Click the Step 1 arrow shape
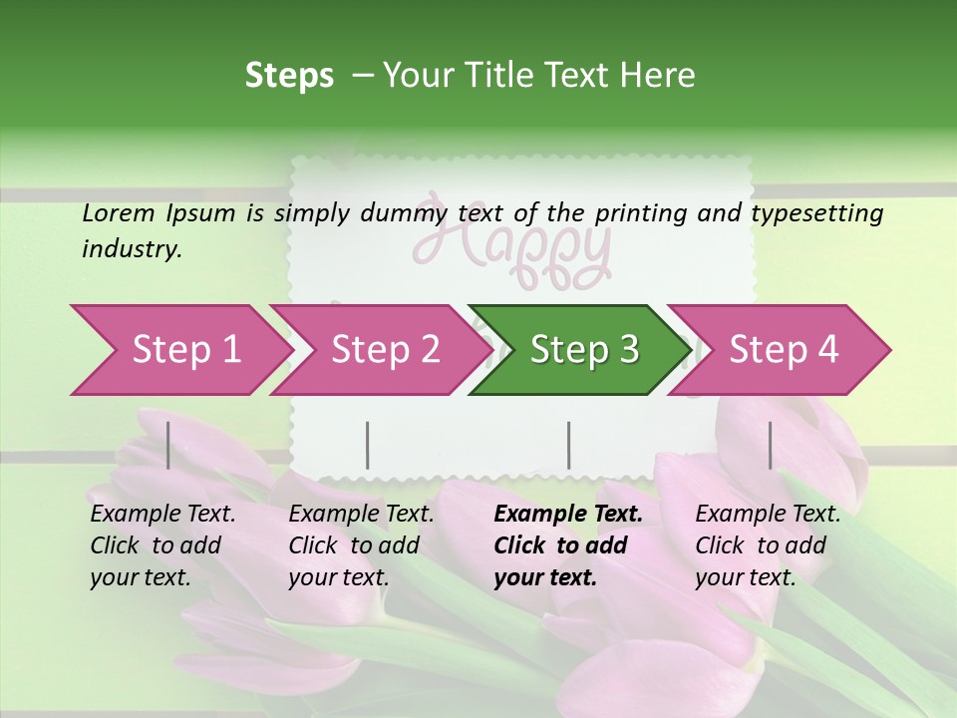tap(179, 350)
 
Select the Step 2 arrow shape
tap(379, 350)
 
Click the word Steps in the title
tap(289, 76)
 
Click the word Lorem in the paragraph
tap(118, 212)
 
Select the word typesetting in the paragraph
tap(816, 213)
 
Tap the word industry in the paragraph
tap(132, 249)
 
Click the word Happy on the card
tap(510, 249)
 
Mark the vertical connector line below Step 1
tap(168, 445)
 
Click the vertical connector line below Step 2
tap(368, 445)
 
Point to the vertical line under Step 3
tap(569, 445)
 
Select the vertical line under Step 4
tap(770, 445)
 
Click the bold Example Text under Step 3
tap(568, 515)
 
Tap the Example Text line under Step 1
tap(162, 515)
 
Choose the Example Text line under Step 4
tap(768, 515)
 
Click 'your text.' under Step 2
tap(338, 577)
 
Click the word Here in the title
tap(656, 76)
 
